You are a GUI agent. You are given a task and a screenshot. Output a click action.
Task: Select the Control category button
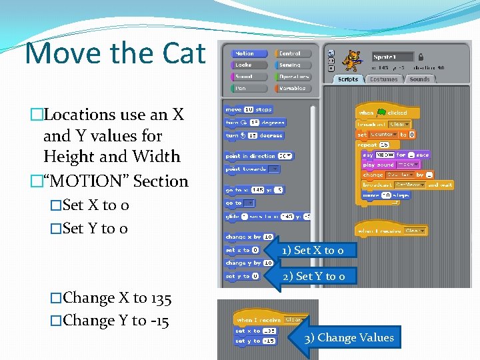point(290,53)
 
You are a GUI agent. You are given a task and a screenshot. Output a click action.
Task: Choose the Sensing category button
point(290,65)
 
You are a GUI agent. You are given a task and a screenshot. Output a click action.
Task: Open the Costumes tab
point(383,79)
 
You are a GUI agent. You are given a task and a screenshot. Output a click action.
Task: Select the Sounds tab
point(419,79)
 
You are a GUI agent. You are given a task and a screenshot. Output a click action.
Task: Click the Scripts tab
point(348,79)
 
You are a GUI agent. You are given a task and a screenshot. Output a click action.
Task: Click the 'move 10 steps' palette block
point(249,109)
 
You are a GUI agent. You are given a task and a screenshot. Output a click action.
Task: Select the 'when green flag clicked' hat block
point(383,113)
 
